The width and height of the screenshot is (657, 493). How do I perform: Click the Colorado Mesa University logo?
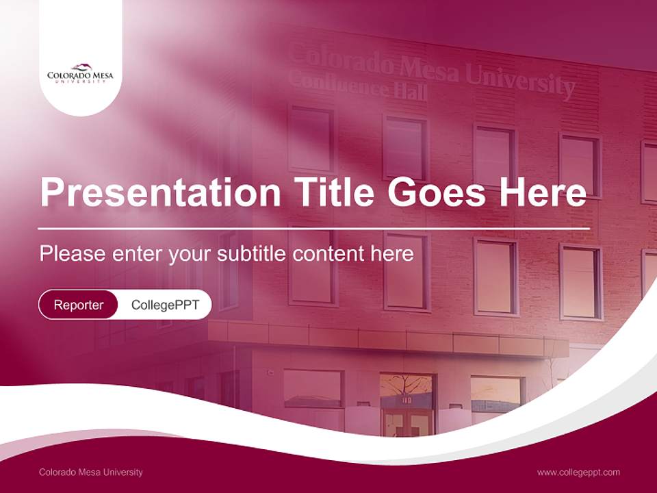tap(80, 73)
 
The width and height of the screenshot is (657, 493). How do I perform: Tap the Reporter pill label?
tap(79, 305)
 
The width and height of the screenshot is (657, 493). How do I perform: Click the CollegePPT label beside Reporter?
tap(165, 305)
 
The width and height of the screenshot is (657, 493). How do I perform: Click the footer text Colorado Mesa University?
tap(91, 472)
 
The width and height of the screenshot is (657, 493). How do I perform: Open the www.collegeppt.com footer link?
tap(578, 472)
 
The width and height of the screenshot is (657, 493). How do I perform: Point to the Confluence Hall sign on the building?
tap(357, 85)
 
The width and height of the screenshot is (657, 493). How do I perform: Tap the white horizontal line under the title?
tap(314, 228)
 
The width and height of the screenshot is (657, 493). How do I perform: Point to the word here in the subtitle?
tap(391, 254)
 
